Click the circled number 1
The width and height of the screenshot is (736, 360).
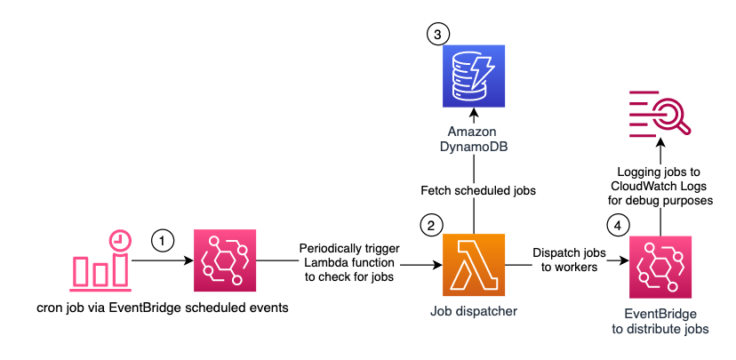(162, 239)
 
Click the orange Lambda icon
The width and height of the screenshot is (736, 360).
(473, 266)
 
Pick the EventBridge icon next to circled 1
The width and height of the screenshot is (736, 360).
(224, 261)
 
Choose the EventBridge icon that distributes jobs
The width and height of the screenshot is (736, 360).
(660, 266)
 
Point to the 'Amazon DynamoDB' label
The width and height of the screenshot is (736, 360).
(473, 140)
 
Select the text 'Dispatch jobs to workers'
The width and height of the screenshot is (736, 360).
(569, 260)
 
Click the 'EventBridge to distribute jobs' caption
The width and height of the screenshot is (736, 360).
(660, 322)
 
